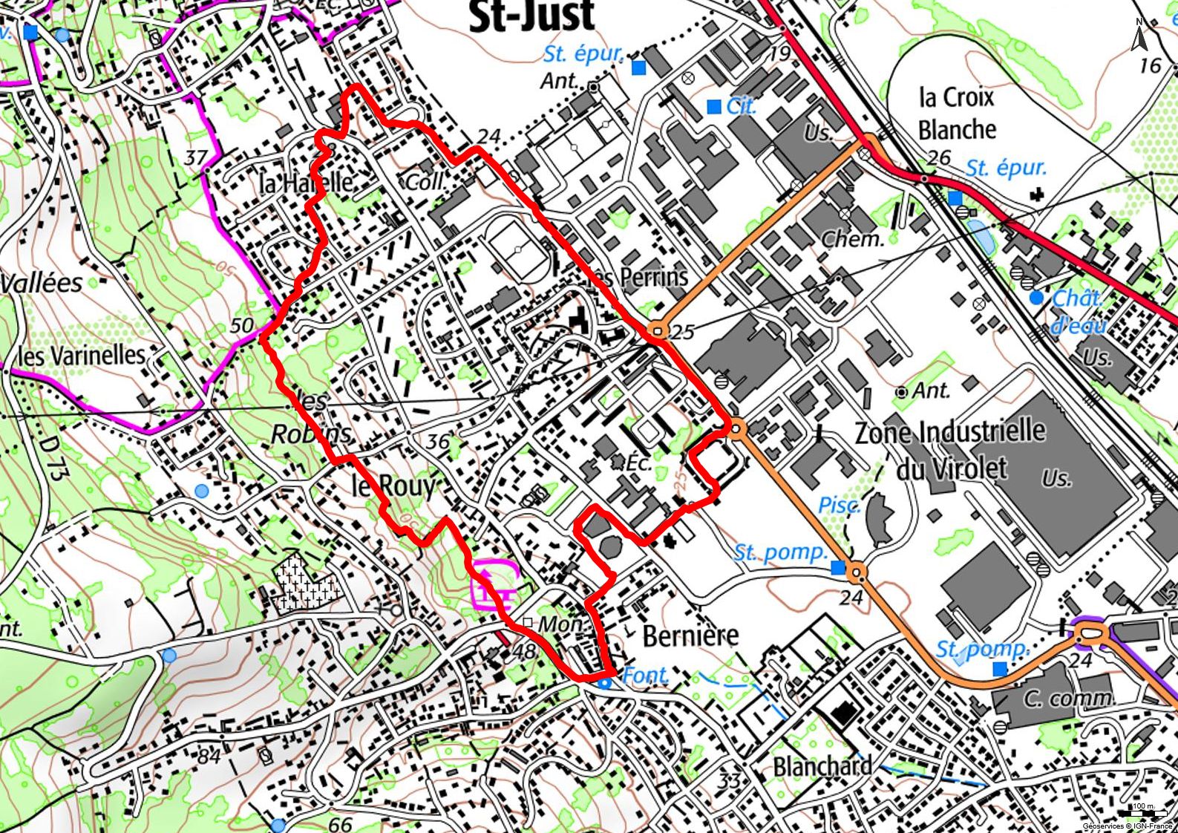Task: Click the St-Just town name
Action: coord(532,16)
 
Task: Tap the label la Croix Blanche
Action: coord(957,114)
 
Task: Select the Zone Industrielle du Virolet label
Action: coord(951,449)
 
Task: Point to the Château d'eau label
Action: coord(1079,311)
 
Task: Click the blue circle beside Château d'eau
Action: coord(1036,298)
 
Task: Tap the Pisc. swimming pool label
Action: coord(839,506)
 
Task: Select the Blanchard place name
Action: coord(822,765)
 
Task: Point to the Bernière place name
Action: coord(690,636)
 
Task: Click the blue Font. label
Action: coord(645,675)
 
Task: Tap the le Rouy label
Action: coord(393,486)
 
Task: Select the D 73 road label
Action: coord(50,459)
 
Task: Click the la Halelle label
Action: coord(306,182)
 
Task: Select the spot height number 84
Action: coord(209,757)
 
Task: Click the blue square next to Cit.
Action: coord(714,107)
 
